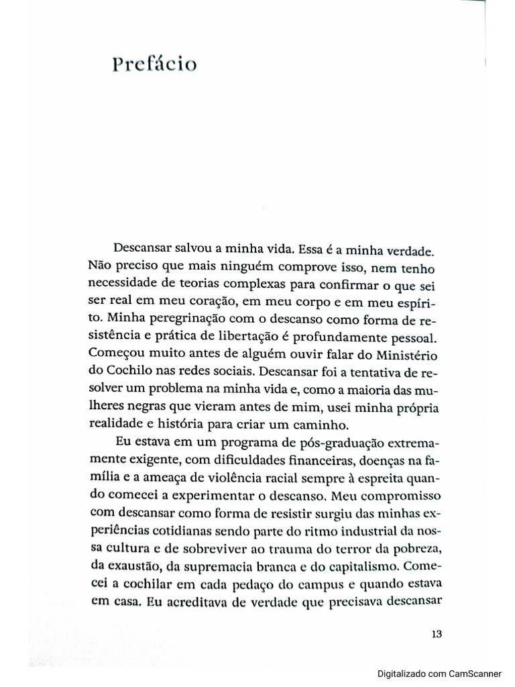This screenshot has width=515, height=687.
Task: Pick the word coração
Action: pos(184,302)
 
